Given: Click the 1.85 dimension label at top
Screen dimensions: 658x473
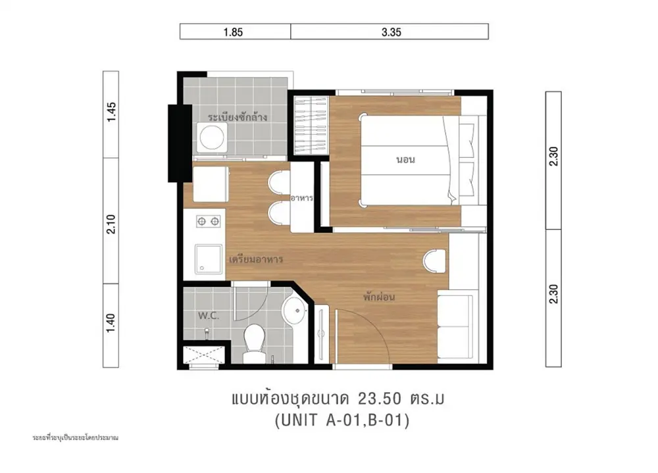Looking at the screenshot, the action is tap(233, 32).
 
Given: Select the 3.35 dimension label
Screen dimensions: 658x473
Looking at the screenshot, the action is tap(391, 32).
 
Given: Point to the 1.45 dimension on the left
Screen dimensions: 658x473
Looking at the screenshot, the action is tap(111, 112).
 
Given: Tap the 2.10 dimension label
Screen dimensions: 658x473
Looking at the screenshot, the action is tap(111, 224).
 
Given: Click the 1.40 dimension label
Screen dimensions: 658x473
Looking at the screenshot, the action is tap(111, 323).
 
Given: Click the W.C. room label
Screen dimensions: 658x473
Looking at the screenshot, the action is tap(209, 316).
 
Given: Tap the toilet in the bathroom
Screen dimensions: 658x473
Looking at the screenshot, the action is tap(254, 343).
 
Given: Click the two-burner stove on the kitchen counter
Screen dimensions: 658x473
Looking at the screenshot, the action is tap(209, 221).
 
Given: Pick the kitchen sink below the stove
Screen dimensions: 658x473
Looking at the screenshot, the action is tap(209, 259).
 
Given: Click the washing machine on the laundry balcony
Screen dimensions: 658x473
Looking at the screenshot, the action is tap(212, 137).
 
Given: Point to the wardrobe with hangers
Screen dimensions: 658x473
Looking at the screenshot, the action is tap(311, 126).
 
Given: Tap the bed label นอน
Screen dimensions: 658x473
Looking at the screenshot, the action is tap(405, 159).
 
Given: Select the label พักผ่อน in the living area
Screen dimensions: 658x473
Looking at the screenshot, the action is tap(379, 297).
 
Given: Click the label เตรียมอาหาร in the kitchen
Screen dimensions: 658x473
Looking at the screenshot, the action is tap(256, 259).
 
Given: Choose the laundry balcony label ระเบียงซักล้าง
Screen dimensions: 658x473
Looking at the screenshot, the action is tap(238, 116).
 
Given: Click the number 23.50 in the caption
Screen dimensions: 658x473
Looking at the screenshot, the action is tap(380, 398).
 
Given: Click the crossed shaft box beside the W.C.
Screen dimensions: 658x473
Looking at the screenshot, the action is tap(204, 355).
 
